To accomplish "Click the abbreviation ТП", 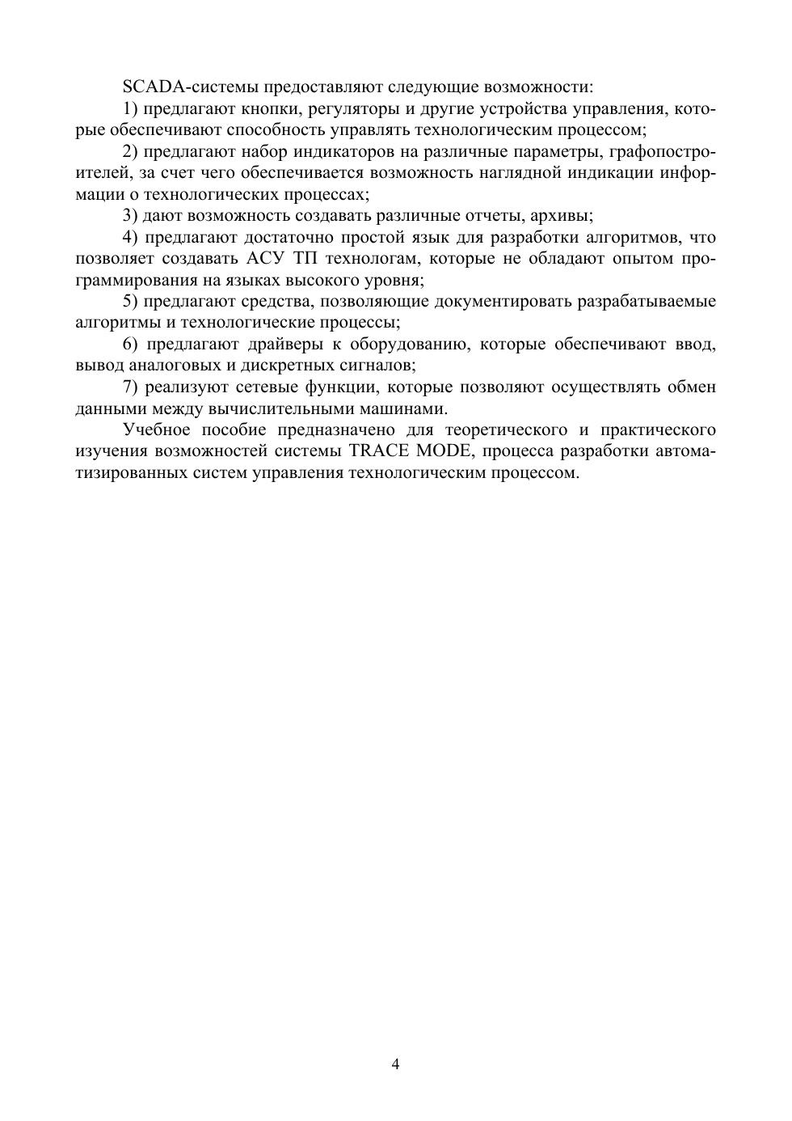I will (x=305, y=259).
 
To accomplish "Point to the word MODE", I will (x=442, y=451).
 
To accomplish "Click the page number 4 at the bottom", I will (x=396, y=1064).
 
